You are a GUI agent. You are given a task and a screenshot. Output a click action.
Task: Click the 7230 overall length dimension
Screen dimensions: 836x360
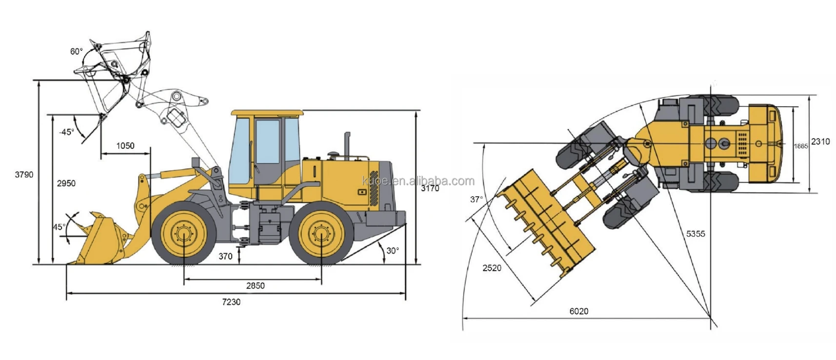(x=231, y=302)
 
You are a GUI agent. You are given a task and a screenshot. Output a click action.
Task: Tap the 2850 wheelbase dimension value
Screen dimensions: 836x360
(x=255, y=286)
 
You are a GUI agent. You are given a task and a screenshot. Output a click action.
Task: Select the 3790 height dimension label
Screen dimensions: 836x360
(x=24, y=175)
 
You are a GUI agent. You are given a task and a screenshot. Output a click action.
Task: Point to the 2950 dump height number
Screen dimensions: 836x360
(x=66, y=183)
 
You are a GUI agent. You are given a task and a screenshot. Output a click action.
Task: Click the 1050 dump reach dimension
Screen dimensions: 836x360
(x=125, y=146)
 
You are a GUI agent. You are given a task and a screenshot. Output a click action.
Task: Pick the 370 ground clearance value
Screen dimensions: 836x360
(x=225, y=256)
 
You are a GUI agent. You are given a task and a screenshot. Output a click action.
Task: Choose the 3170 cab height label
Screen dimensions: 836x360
(x=430, y=188)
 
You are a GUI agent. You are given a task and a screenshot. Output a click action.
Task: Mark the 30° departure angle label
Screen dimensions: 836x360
(x=393, y=251)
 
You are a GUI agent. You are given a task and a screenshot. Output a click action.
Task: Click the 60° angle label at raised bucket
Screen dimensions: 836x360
(x=77, y=52)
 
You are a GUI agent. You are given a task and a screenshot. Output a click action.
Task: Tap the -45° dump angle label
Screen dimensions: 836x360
(x=67, y=132)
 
